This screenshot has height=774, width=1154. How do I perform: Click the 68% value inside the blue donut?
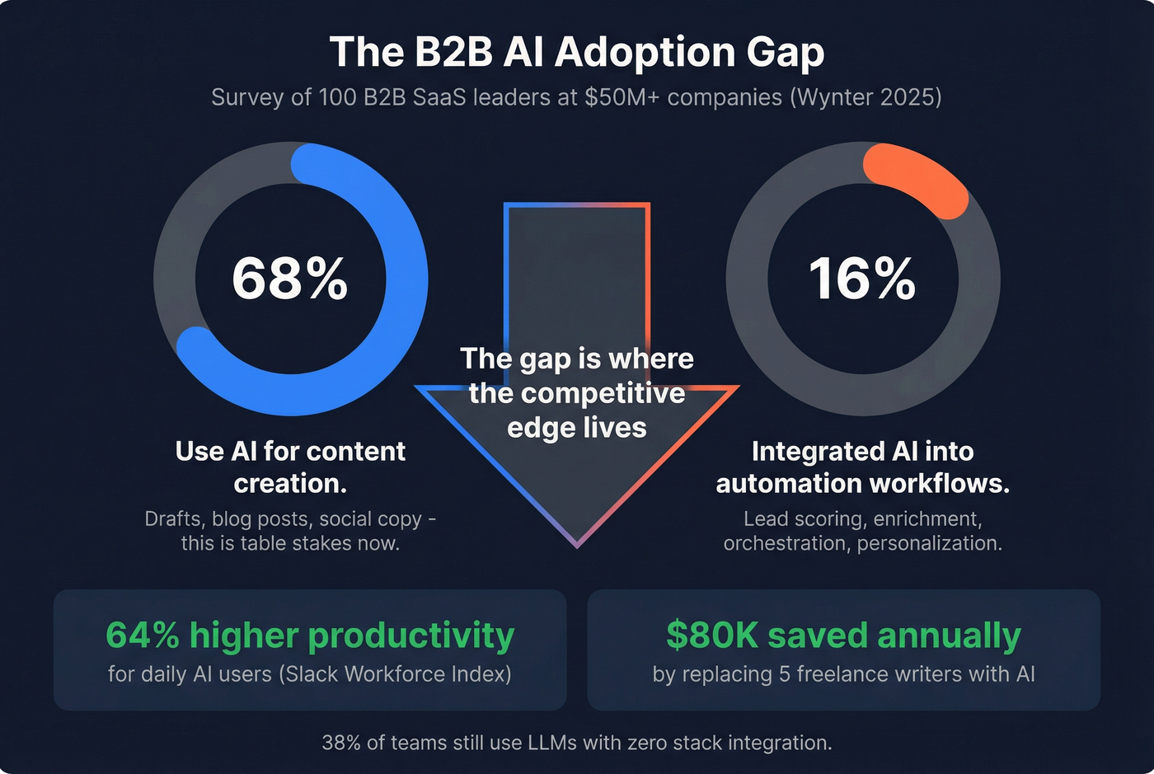290,279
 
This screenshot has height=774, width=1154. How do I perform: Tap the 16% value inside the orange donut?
862,279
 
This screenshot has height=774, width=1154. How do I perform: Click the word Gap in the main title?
785,52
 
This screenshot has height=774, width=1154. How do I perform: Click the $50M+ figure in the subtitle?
622,97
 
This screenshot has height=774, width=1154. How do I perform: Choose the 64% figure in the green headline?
143,636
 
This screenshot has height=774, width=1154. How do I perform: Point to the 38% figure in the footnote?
341,743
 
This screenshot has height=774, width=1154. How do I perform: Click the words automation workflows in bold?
862,484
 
